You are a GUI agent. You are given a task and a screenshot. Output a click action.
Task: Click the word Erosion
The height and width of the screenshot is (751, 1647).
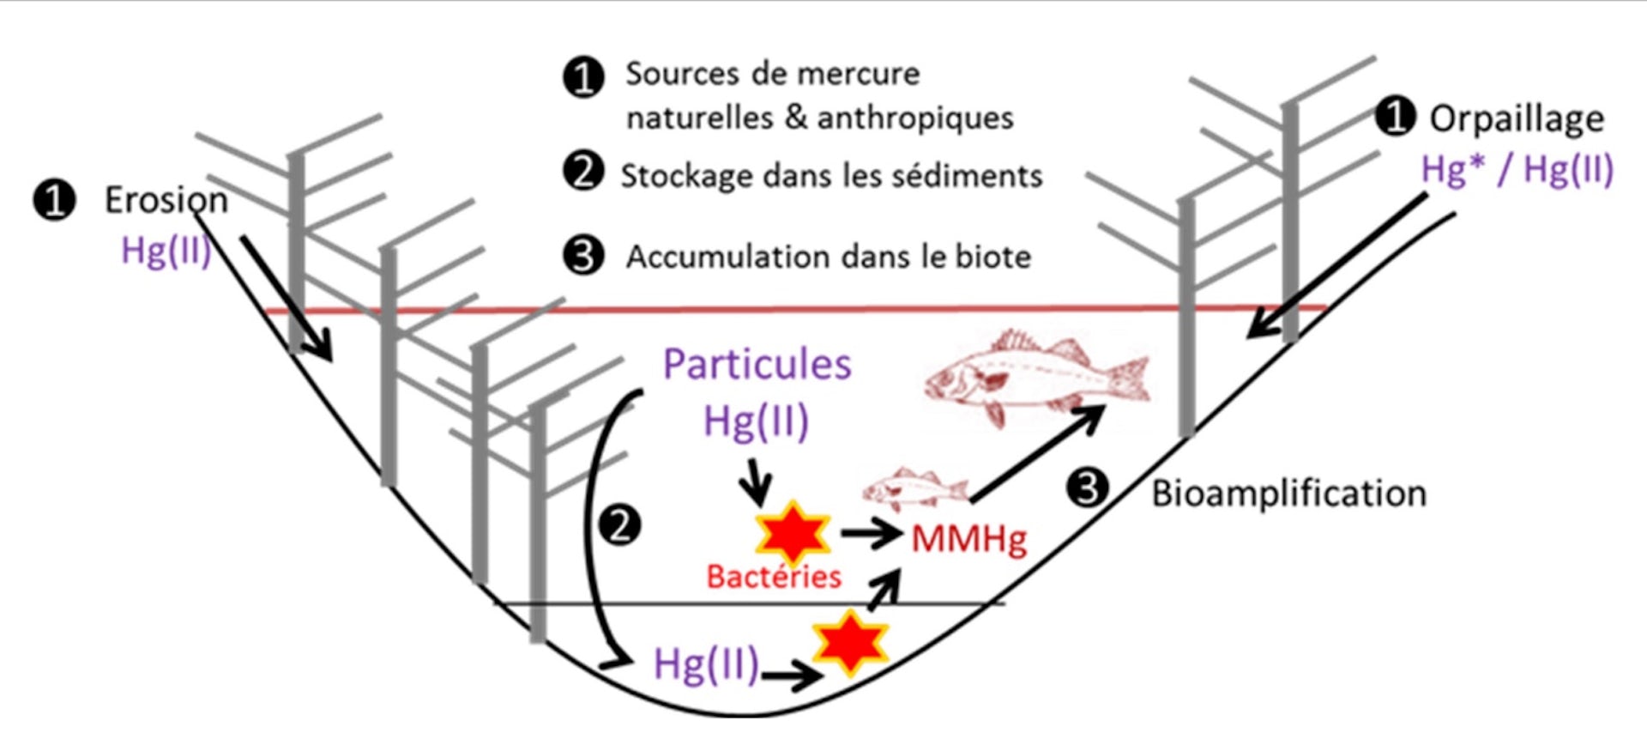(x=166, y=200)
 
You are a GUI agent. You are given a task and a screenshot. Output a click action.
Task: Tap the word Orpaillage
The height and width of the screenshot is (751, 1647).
(x=1516, y=118)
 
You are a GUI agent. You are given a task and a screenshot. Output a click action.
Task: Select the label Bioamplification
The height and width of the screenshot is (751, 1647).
(x=1288, y=494)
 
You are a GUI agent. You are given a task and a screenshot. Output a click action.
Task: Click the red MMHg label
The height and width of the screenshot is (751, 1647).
(x=968, y=539)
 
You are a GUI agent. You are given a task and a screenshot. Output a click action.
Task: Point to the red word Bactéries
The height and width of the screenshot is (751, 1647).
(x=774, y=577)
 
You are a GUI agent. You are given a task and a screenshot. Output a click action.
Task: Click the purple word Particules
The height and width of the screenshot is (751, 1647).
(x=757, y=365)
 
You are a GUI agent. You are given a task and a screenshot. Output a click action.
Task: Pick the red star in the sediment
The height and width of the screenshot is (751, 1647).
(x=850, y=642)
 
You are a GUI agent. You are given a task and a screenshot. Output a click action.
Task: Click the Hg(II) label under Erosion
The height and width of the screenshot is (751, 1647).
(x=166, y=251)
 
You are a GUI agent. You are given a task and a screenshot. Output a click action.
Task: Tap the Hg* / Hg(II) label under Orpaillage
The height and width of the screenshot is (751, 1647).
(x=1517, y=169)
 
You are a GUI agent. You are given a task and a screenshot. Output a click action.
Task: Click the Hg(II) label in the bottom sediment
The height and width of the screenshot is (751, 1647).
(x=706, y=663)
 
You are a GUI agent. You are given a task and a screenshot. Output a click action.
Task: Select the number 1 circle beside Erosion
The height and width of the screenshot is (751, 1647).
(x=54, y=200)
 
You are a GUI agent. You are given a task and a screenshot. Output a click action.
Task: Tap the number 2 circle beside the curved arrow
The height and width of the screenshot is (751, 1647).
(x=619, y=524)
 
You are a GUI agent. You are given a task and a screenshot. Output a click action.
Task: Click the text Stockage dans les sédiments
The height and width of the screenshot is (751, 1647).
(x=830, y=176)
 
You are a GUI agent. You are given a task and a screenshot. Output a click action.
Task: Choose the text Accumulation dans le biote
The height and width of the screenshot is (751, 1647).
(x=828, y=257)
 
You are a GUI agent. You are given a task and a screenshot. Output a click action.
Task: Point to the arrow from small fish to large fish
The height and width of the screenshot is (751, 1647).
(x=1038, y=454)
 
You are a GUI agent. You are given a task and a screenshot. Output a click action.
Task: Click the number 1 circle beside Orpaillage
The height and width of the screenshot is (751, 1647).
(x=1395, y=116)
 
